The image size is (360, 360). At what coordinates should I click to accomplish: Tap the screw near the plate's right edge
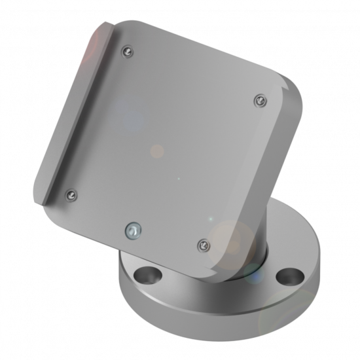[261, 100]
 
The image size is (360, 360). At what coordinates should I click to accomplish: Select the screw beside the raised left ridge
[71, 194]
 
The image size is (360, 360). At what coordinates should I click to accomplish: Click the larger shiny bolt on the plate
[133, 230]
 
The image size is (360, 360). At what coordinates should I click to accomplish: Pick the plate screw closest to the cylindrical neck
[203, 245]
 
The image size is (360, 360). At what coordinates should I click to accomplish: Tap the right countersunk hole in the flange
[289, 276]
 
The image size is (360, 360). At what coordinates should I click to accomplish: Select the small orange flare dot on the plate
[157, 151]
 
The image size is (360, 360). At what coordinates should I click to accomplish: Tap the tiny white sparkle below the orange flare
[177, 177]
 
